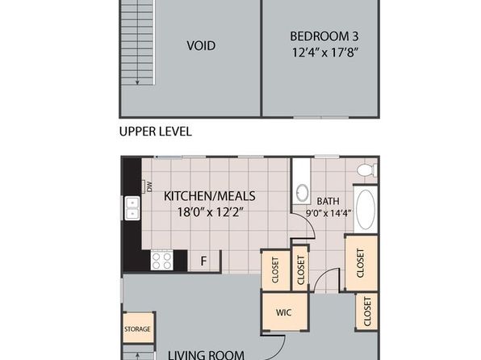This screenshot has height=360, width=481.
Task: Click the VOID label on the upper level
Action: (x=201, y=46)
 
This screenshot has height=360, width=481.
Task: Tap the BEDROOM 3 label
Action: (x=324, y=36)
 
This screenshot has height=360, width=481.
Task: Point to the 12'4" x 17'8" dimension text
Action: (x=325, y=52)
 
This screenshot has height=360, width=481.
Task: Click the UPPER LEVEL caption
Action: (x=155, y=132)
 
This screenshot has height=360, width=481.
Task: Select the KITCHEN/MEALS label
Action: (x=210, y=196)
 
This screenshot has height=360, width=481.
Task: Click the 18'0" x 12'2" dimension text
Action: (x=211, y=212)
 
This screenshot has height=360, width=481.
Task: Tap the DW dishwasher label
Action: (x=149, y=186)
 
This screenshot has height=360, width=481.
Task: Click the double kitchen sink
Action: (x=132, y=208)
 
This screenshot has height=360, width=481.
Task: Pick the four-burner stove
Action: (x=161, y=260)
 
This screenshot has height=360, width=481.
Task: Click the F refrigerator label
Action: (x=203, y=262)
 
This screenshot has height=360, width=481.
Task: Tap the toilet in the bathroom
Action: (x=367, y=170)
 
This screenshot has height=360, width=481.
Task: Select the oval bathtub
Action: (x=366, y=209)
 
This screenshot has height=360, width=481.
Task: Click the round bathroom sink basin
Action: (x=303, y=192)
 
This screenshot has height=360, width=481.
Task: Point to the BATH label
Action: (x=328, y=201)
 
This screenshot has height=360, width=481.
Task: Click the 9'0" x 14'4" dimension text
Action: (x=328, y=213)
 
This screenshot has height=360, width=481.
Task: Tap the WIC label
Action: (x=284, y=312)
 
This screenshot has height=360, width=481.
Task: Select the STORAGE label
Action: (x=137, y=329)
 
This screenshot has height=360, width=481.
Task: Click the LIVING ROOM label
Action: (x=206, y=355)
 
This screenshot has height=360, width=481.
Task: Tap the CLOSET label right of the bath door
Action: (x=360, y=263)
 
